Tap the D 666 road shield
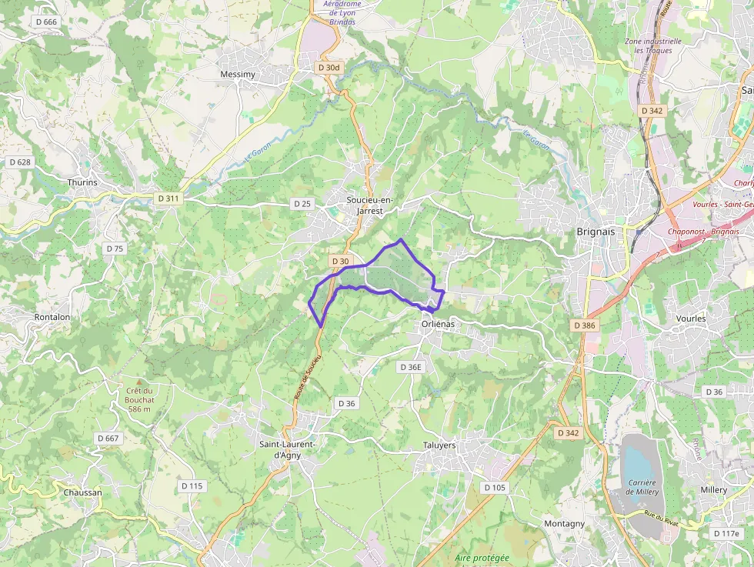coord(46,22)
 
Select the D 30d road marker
coord(329,68)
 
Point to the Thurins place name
coord(82,183)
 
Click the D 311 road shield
coord(168,198)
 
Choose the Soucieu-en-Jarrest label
coord(369,205)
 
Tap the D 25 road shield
coord(302,204)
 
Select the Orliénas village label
coord(438,324)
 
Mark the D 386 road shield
coord(585,325)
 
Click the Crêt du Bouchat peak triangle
coord(139,381)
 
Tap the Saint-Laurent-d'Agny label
coord(287,449)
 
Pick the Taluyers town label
coord(439,445)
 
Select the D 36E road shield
coord(411,367)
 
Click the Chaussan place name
coord(82,492)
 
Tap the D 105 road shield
coord(495,488)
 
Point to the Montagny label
coord(564,524)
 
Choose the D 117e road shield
coord(726,533)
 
